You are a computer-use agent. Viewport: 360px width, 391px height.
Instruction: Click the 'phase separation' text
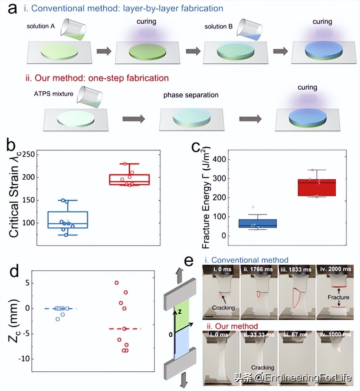[x=191, y=95]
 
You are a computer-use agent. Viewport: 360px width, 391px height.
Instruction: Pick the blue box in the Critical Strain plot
[x=67, y=219]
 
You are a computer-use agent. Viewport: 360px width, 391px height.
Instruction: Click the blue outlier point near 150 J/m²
[x=253, y=207]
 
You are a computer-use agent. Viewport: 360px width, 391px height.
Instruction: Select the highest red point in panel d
[x=116, y=283]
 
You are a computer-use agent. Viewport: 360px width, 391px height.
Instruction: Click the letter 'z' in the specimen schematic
[x=181, y=311]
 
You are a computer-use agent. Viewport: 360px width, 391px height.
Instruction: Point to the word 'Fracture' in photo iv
[x=337, y=297]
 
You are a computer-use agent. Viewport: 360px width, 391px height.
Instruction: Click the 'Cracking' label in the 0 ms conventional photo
[x=224, y=308]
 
